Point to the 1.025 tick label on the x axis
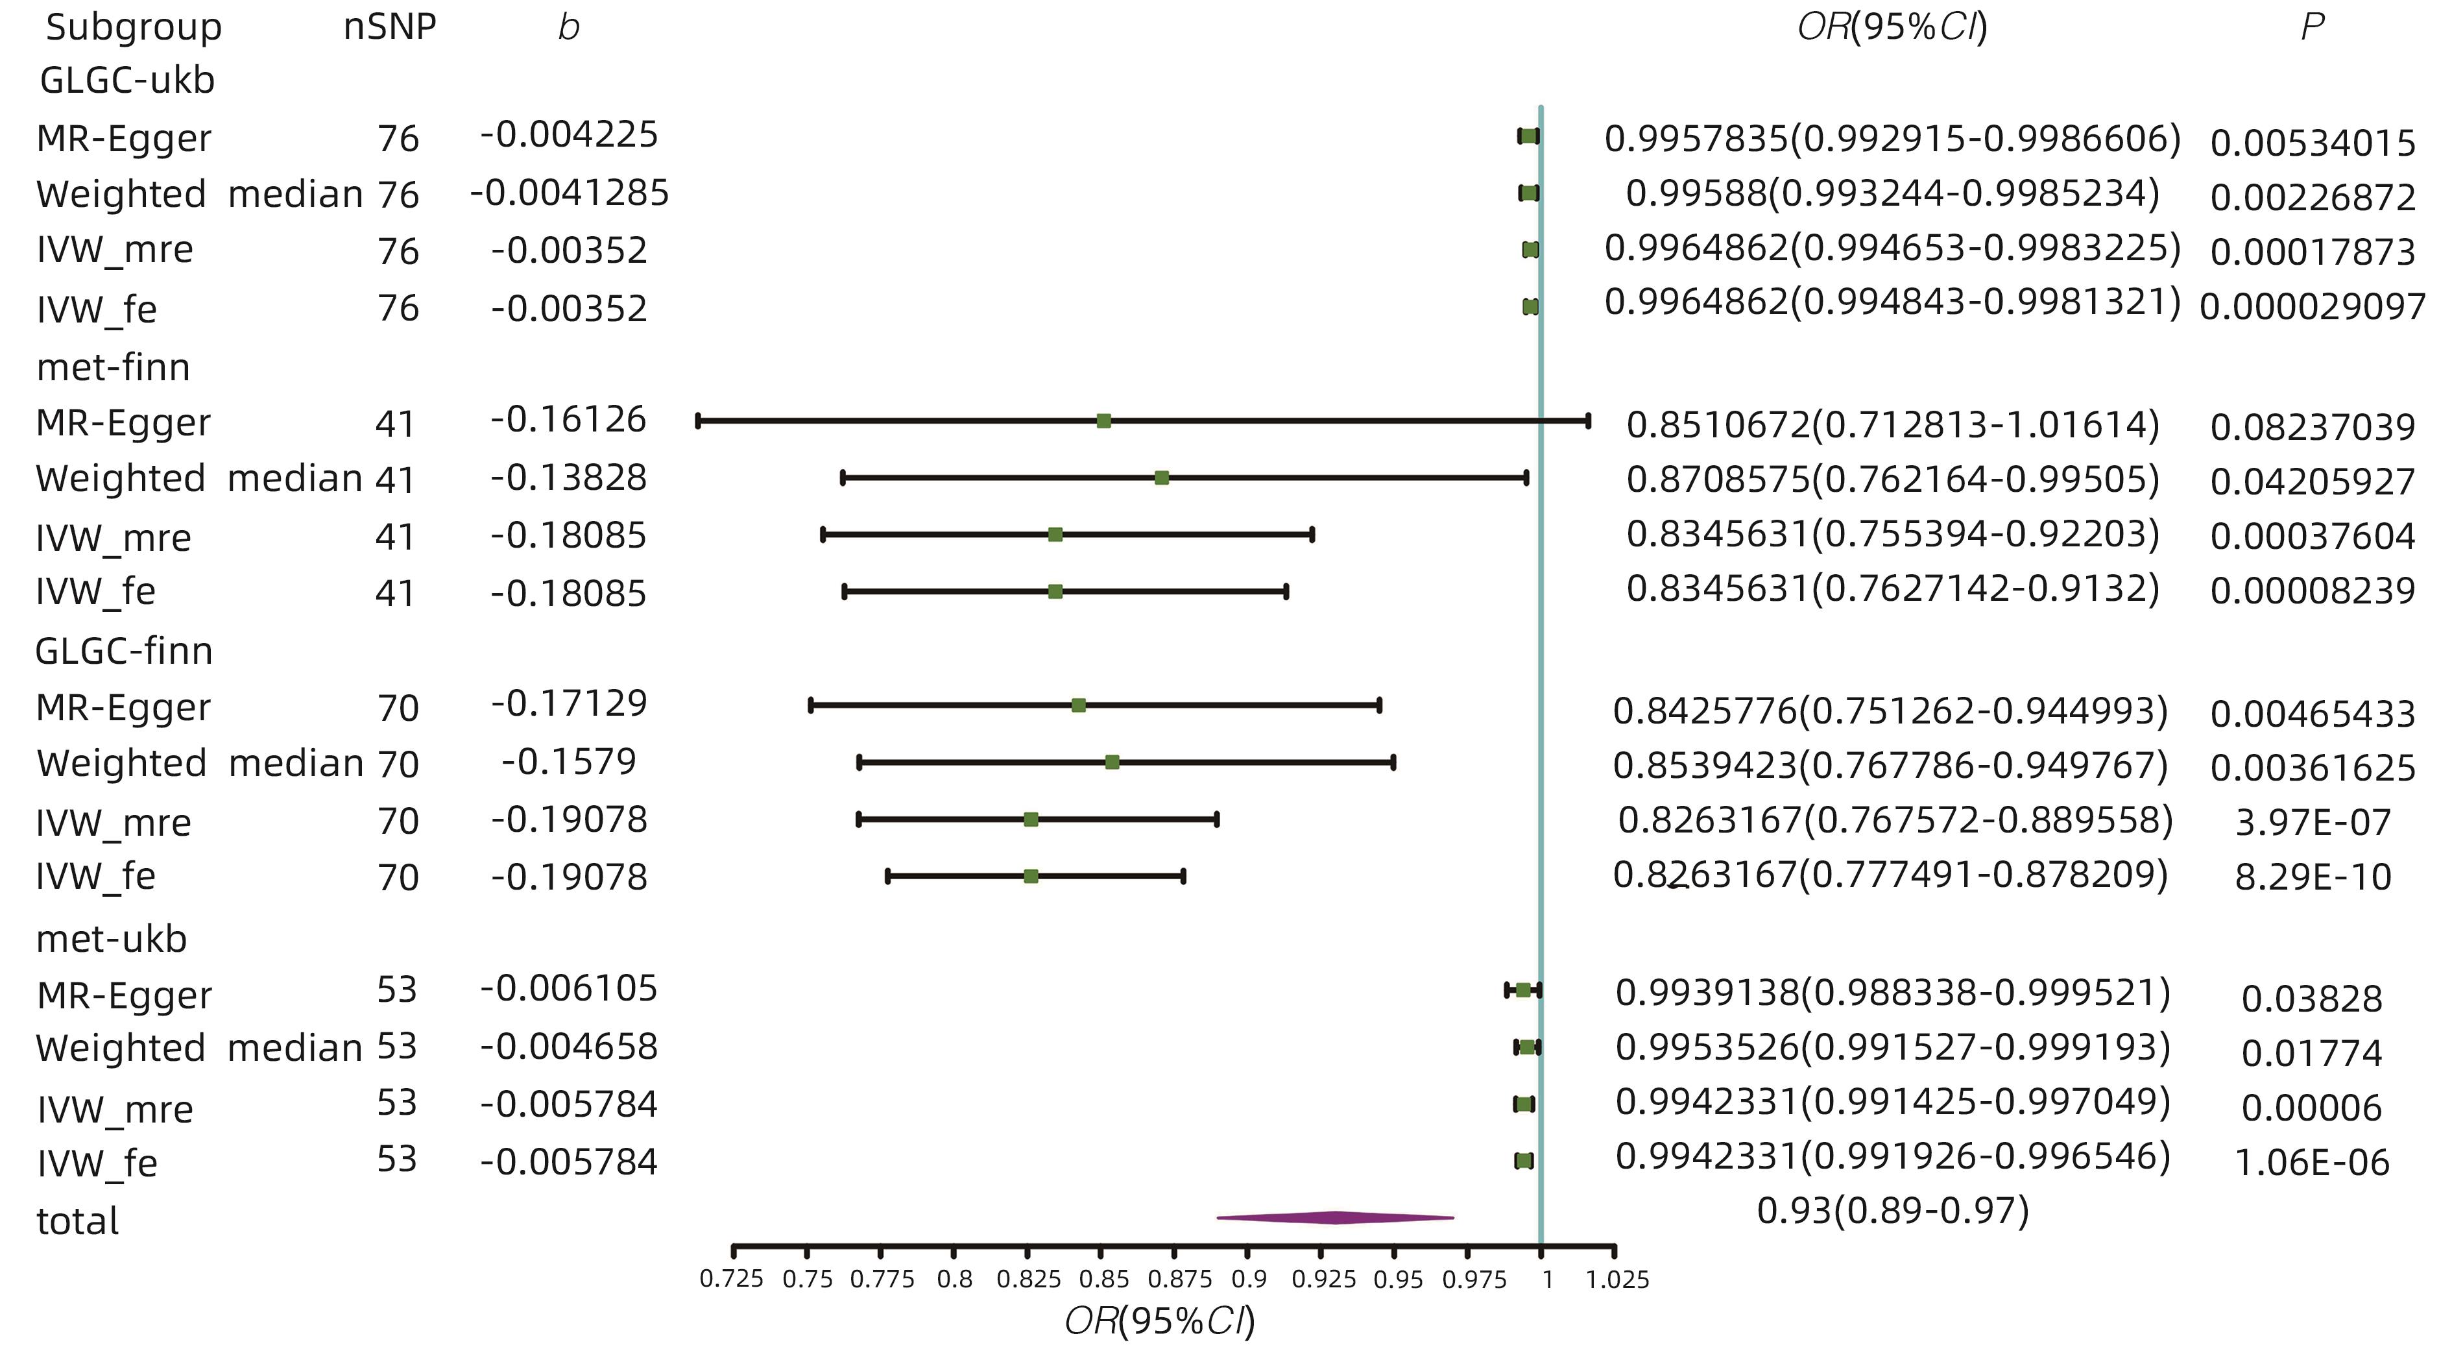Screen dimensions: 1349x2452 click(1617, 1280)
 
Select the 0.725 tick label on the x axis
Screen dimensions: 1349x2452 click(731, 1280)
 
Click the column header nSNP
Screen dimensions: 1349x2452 click(389, 27)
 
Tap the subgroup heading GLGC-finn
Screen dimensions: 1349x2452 click(124, 651)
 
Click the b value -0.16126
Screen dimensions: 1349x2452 click(568, 420)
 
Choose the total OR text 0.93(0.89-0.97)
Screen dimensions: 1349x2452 click(1892, 1211)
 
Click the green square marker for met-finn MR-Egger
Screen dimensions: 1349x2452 click(1103, 420)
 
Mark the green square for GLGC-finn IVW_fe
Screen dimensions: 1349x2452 click(1031, 876)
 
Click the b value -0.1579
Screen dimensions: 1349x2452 click(568, 762)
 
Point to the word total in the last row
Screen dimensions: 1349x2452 click(77, 1221)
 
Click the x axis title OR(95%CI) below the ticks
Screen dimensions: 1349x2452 click(1159, 1321)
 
